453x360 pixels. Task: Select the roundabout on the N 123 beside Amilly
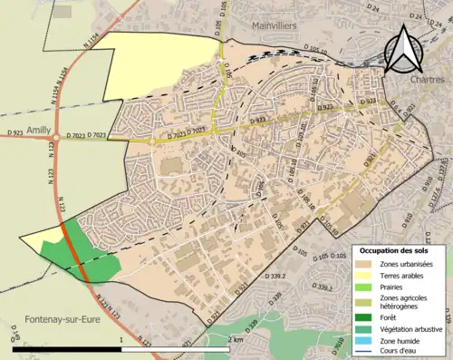[56, 139]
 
